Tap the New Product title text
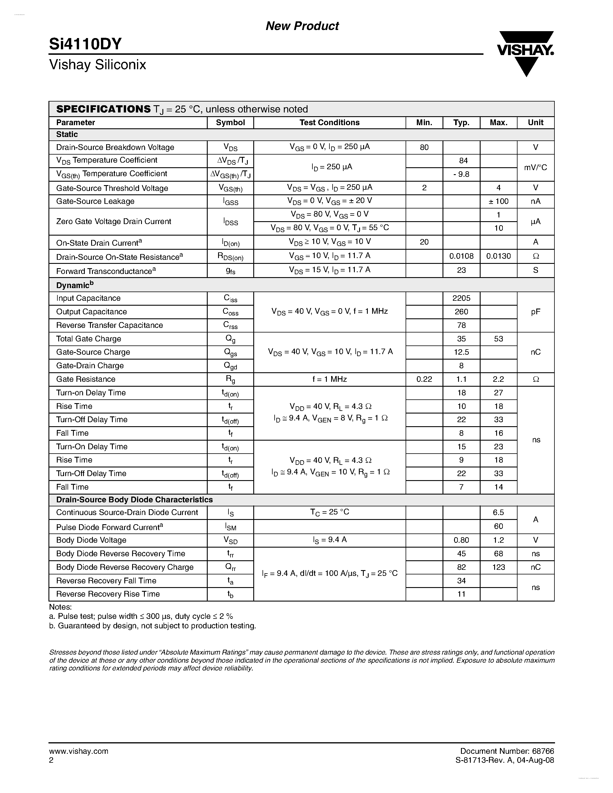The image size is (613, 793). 302,26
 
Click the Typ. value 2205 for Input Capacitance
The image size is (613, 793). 461,298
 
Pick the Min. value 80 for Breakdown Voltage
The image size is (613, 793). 424,147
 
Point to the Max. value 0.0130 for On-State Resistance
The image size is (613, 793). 498,256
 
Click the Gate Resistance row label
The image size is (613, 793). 86,379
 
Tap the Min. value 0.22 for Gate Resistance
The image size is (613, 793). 424,379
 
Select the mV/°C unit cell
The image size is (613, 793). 535,168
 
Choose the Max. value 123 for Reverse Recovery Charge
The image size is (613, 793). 498,567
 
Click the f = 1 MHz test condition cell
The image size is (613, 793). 329,379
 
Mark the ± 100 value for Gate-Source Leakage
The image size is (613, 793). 498,201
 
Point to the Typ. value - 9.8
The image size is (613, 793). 461,174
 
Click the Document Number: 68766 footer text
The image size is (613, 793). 507,751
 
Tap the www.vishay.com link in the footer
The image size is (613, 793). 78,751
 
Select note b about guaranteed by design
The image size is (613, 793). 153,626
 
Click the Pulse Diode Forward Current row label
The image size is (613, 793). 109,527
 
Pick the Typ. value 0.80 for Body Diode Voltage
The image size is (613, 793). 461,540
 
